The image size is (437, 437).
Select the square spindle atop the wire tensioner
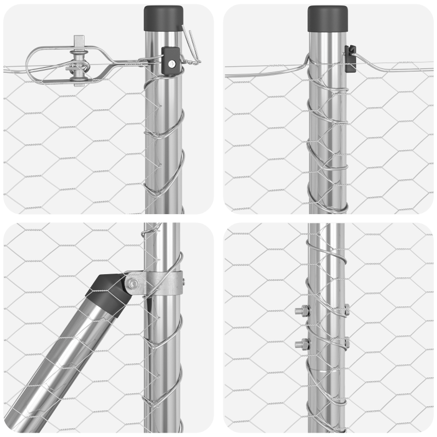(x=80, y=41)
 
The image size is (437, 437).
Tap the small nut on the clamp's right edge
(x=182, y=282)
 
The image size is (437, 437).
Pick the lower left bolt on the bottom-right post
(x=301, y=344)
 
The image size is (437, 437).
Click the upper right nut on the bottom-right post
(x=346, y=310)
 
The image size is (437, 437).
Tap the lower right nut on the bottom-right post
(x=346, y=342)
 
